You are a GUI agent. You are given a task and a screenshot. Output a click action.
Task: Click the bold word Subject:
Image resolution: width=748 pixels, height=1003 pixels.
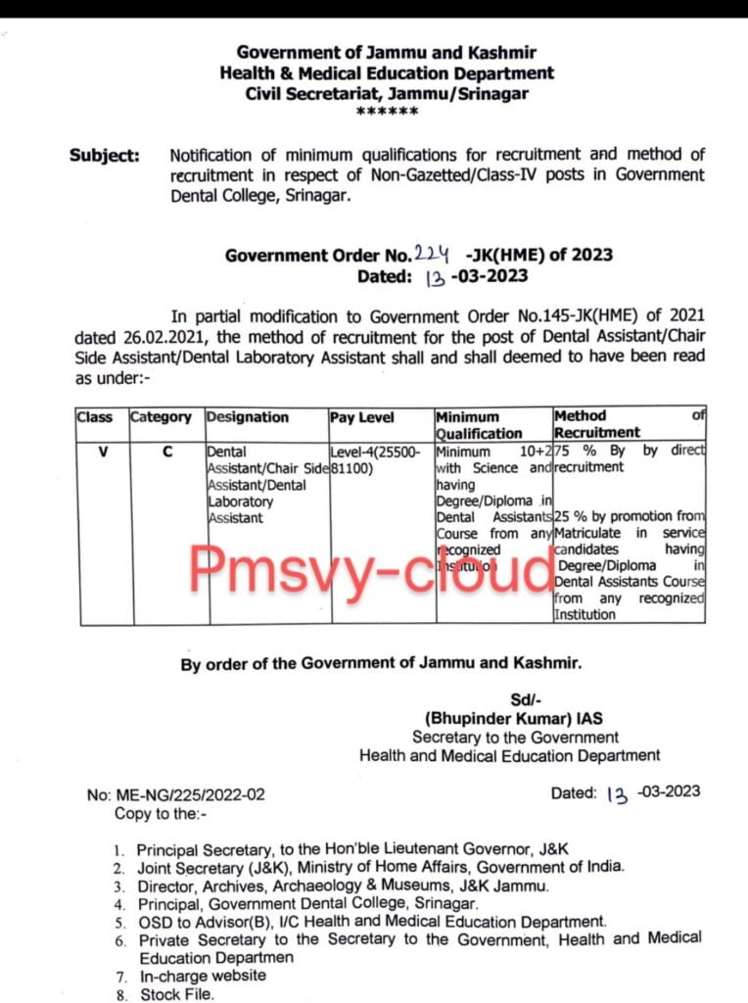point(104,155)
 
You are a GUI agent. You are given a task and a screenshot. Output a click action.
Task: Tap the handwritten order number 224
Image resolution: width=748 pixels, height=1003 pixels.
point(429,254)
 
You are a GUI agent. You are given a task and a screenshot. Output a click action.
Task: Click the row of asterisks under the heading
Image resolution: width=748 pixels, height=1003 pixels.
point(387,113)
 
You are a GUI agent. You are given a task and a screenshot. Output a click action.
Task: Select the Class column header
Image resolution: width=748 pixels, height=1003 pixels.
point(95,416)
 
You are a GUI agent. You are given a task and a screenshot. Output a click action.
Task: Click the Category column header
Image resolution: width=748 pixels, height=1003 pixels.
point(161,416)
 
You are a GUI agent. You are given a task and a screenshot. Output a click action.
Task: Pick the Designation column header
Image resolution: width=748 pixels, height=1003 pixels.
point(248,416)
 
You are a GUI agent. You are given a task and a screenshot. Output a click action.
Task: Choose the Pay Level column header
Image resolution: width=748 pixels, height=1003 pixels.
point(362,416)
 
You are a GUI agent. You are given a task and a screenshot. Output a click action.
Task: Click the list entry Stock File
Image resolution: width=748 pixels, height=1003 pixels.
point(175,994)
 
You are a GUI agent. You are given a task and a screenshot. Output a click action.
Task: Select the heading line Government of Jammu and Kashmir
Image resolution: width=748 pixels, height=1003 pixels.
point(387,52)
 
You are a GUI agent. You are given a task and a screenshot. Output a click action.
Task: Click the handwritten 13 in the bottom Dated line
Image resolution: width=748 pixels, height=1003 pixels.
point(617,794)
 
